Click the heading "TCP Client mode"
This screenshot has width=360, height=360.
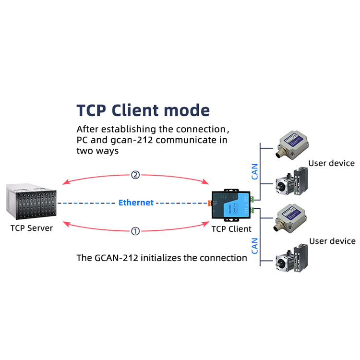pos(143,110)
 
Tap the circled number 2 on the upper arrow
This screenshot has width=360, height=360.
pos(135,175)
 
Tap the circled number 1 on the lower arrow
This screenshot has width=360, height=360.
pos(135,231)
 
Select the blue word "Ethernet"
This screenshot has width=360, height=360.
pos(136,203)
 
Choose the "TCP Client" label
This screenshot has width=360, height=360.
pos(231,229)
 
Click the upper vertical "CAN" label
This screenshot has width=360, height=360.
pos(254,171)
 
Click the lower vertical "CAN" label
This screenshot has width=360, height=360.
pos(254,245)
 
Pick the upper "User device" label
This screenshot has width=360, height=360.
pos(331,163)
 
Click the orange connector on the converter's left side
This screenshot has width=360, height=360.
pos(210,203)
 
